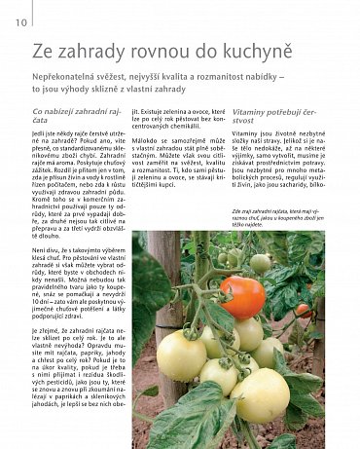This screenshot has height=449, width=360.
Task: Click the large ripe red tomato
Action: pyautogui.click(x=242, y=297)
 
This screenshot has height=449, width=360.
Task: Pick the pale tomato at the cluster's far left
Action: pyautogui.click(x=181, y=355)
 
